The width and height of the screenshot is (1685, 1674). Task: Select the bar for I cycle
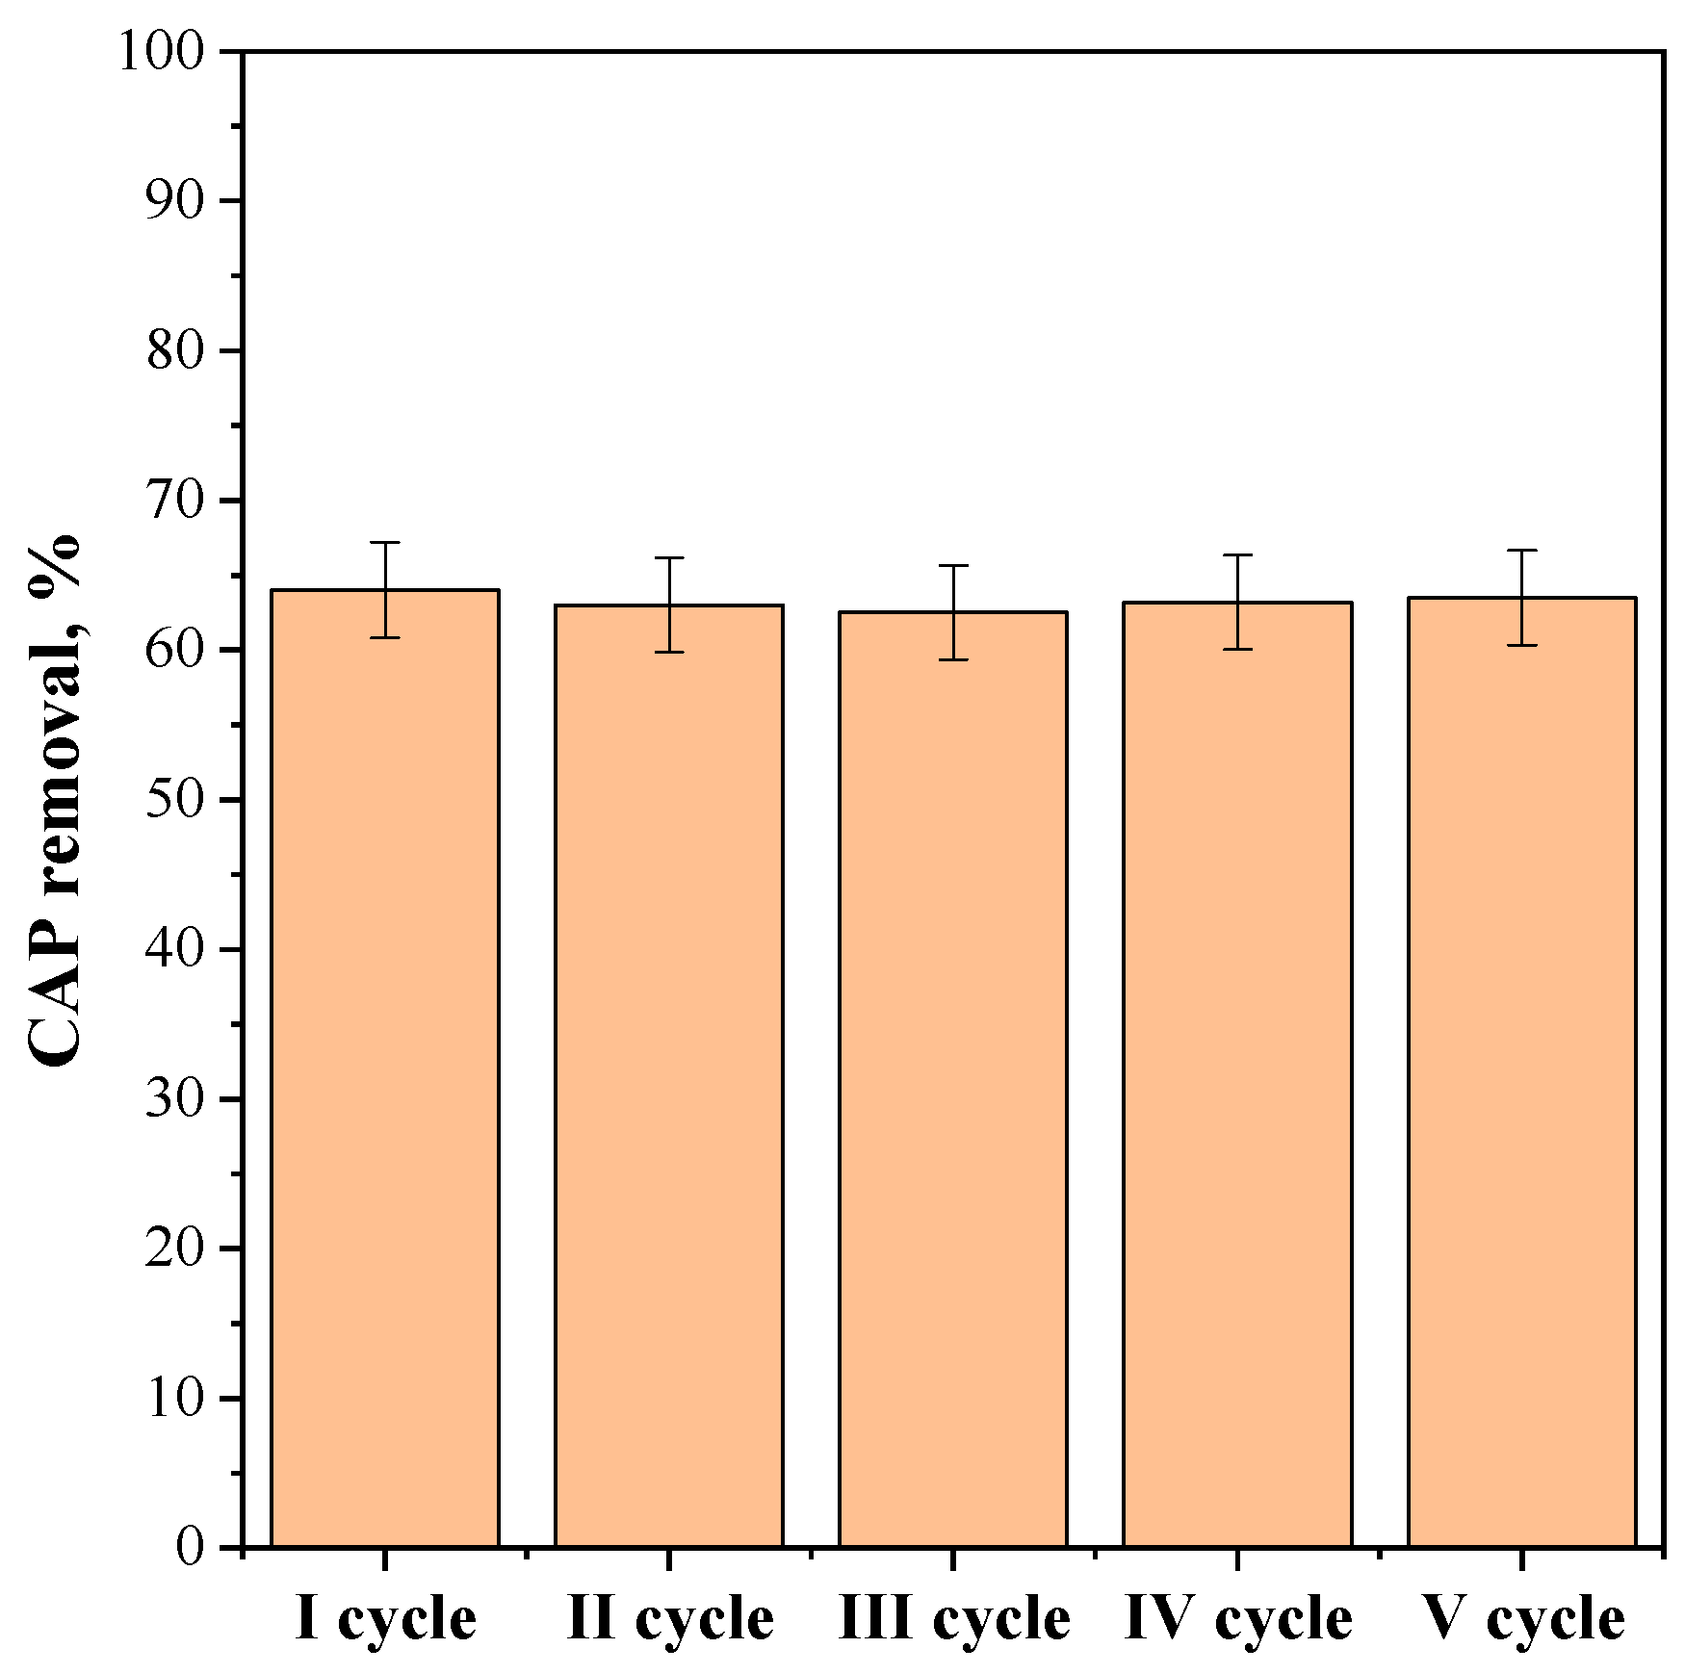[385, 1069]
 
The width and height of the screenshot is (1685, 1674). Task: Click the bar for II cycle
[669, 1076]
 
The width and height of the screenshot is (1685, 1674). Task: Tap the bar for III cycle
[953, 1079]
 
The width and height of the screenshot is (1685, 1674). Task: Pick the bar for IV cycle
[1237, 1075]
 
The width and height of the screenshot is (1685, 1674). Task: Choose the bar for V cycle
[1521, 1072]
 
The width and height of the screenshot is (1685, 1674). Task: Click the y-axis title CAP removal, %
[55, 799]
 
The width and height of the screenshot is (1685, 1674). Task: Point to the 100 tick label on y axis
[162, 51]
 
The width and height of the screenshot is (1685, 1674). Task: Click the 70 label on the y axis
[176, 501]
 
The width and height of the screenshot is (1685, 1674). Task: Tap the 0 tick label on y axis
[191, 1548]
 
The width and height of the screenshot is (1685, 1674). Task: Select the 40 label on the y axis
[176, 949]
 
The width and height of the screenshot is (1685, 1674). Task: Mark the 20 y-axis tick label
[176, 1249]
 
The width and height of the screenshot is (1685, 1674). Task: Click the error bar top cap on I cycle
[385, 543]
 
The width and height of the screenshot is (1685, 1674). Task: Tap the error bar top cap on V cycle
[1521, 551]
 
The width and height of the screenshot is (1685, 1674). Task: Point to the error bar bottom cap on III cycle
[953, 659]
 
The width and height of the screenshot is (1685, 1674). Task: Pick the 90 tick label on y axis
[176, 201]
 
